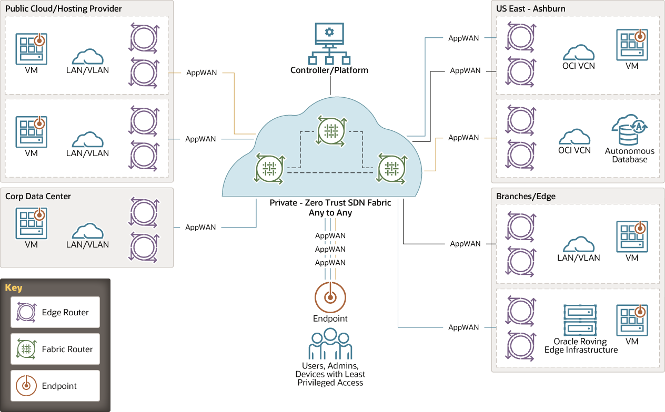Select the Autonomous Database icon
(629, 130)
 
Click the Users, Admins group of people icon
(330, 344)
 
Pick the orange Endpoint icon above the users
(330, 297)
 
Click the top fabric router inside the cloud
(331, 130)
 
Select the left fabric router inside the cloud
(269, 169)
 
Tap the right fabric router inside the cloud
(391, 169)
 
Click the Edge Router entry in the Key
(55, 312)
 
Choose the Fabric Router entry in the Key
(55, 349)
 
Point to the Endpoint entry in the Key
(55, 386)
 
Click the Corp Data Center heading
(38, 197)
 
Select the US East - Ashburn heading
(531, 9)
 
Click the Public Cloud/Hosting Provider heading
(64, 9)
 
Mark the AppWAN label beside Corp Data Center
(200, 228)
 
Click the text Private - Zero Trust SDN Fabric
(330, 203)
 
